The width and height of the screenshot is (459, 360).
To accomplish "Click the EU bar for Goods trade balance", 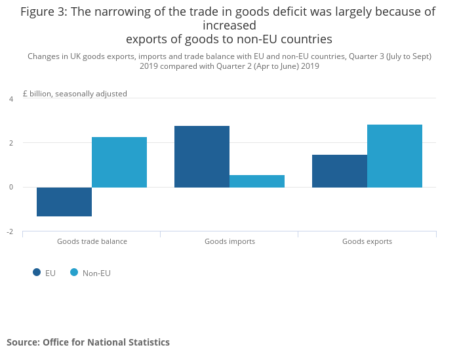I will pyautogui.click(x=64, y=201).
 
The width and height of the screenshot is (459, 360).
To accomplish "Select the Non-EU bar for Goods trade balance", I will pyautogui.click(x=119, y=162).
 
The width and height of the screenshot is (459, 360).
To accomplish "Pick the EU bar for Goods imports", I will pyautogui.click(x=202, y=157).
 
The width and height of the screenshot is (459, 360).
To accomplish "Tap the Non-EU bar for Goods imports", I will pyautogui.click(x=257, y=181).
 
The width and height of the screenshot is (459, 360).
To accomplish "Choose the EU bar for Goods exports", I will pyautogui.click(x=340, y=171).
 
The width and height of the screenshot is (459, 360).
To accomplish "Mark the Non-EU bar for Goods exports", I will pyautogui.click(x=395, y=156).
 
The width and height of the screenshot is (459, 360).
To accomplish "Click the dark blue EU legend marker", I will pyautogui.click(x=37, y=273).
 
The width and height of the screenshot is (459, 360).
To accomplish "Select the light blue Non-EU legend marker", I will pyautogui.click(x=74, y=273).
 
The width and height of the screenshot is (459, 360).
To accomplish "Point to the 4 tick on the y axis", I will pyautogui.click(x=10, y=99).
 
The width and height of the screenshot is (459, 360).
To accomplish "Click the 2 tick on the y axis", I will pyautogui.click(x=10, y=143).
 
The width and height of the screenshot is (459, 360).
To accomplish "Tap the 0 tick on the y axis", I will pyautogui.click(x=10, y=188).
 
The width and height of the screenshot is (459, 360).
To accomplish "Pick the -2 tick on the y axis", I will pyautogui.click(x=9, y=231).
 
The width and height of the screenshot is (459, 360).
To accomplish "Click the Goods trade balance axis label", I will pyautogui.click(x=92, y=241).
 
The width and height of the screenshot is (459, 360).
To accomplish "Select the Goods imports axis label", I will pyautogui.click(x=229, y=241).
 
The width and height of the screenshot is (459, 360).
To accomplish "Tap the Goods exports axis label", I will pyautogui.click(x=367, y=241).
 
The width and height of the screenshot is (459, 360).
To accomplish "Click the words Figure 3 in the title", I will pyautogui.click(x=45, y=12).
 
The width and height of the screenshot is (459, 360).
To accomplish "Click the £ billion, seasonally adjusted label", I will pyautogui.click(x=75, y=94).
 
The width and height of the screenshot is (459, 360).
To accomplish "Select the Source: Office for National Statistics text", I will pyautogui.click(x=88, y=342).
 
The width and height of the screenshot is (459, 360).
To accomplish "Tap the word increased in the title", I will pyautogui.click(x=229, y=26).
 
